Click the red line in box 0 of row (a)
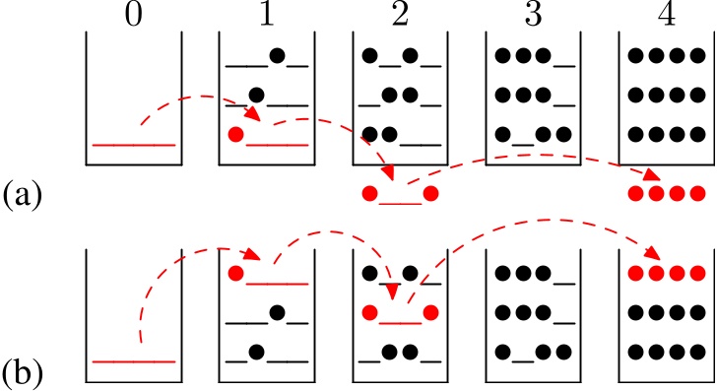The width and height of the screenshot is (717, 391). [134, 145]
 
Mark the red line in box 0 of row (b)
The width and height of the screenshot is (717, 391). [134, 361]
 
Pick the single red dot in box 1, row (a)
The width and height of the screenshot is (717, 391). [234, 135]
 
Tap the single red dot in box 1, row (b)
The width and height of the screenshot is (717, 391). [234, 273]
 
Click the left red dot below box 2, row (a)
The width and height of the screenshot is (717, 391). [369, 194]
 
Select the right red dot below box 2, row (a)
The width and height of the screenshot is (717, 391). [430, 194]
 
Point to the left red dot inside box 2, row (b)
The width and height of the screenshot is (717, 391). [369, 313]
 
